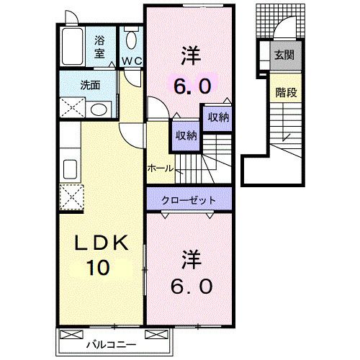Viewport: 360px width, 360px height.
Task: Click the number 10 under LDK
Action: point(99,268)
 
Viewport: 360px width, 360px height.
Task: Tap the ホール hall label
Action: point(160,168)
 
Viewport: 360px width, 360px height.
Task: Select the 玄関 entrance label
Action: point(283,54)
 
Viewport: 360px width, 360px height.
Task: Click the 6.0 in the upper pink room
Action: point(192,86)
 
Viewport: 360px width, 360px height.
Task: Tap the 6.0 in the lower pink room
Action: point(192,286)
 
